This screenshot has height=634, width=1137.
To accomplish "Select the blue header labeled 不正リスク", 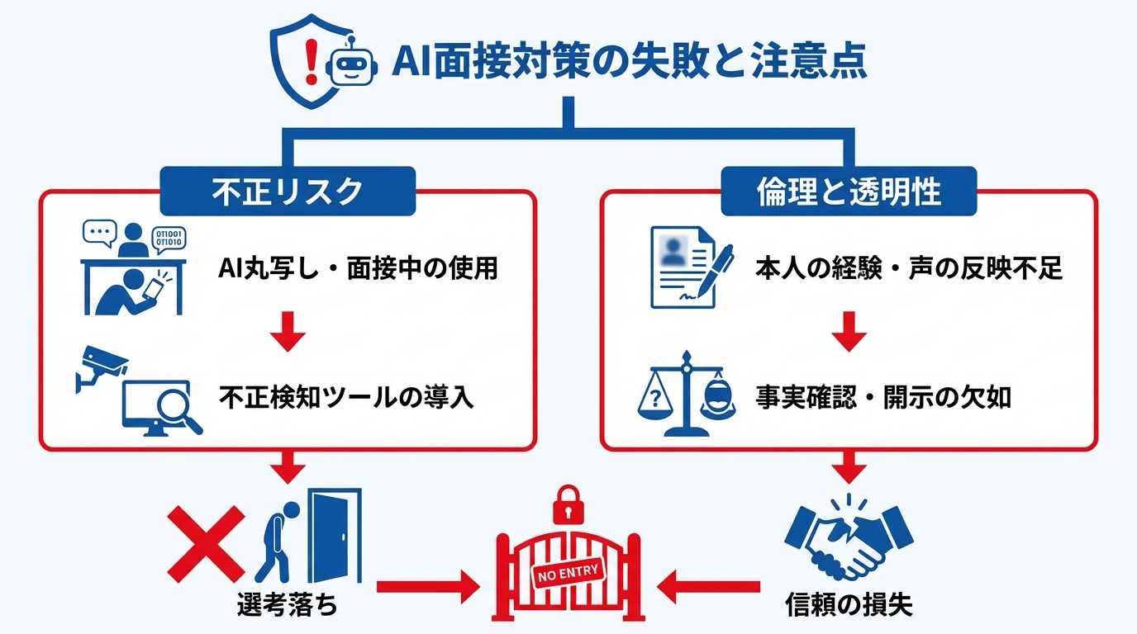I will point(287,191).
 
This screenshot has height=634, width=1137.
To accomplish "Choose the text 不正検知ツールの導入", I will point(346,397).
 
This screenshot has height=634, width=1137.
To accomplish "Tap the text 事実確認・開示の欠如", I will point(883,397).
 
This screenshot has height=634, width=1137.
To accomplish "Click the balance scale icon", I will point(685,395).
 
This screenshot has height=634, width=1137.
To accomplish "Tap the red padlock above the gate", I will point(567,504).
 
